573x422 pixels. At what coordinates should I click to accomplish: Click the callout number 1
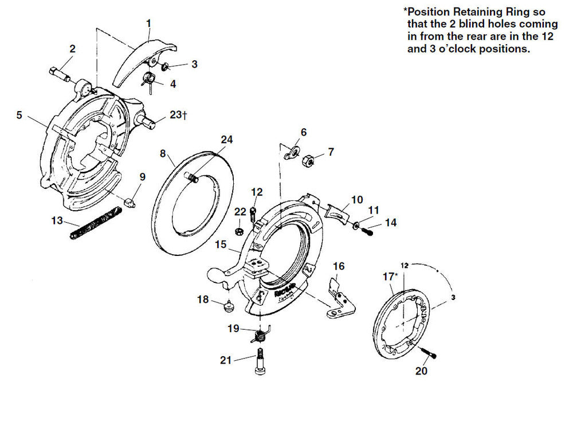[148, 23]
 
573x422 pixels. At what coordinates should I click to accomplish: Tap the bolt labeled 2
[59, 73]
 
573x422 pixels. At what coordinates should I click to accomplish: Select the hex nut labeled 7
[308, 160]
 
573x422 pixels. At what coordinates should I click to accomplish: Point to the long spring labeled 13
[96, 223]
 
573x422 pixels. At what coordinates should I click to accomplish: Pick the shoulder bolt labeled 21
[259, 361]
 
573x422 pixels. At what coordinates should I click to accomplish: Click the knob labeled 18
[229, 306]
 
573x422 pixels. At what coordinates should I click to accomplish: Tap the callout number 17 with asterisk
[390, 277]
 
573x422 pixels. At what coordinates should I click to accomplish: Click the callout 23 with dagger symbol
[179, 115]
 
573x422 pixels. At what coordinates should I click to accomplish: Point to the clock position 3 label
[453, 297]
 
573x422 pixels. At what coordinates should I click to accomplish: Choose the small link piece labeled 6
[292, 152]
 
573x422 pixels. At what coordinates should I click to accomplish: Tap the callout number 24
[226, 140]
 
